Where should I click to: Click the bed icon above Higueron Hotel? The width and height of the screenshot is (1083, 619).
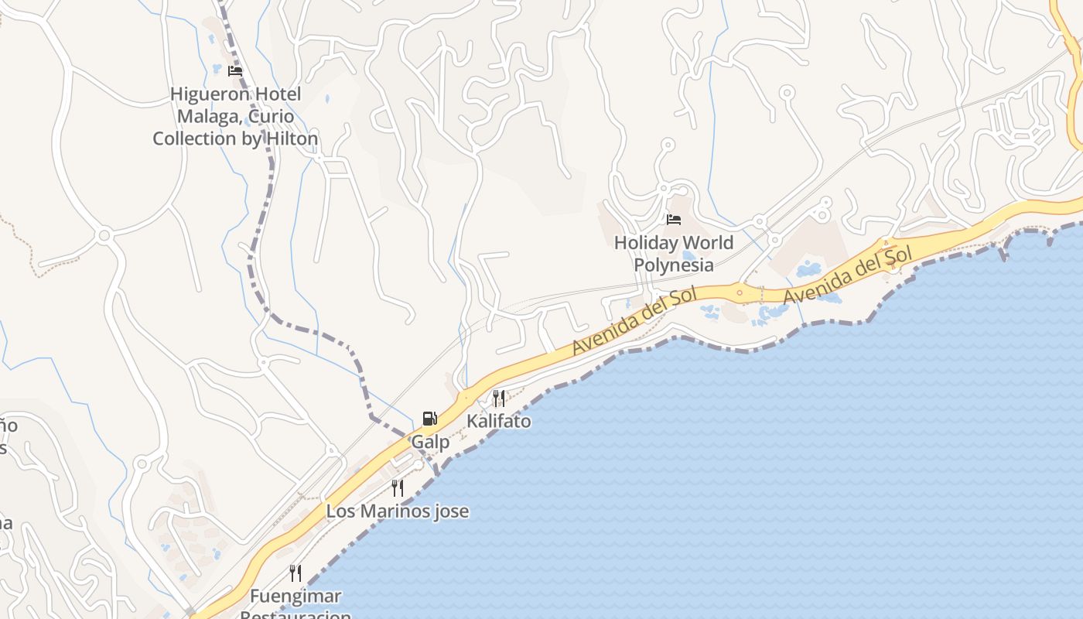[x=235, y=71]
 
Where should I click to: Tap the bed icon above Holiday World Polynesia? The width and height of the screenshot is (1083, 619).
[x=674, y=220]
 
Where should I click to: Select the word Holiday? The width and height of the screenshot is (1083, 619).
[x=645, y=243]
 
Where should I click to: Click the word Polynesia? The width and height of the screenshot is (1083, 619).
[x=674, y=265]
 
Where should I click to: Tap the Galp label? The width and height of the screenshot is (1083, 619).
[x=430, y=443]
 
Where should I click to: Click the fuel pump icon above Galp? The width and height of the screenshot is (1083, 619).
[x=429, y=419]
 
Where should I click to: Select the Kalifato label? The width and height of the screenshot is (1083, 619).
[x=499, y=422]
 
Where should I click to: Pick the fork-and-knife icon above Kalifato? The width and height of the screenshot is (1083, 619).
[x=499, y=398]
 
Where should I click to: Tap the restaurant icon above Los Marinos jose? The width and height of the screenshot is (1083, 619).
[x=398, y=488]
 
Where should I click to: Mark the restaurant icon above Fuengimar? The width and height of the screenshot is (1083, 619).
[x=296, y=573]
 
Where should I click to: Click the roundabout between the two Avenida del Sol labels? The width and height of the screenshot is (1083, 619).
[x=740, y=292]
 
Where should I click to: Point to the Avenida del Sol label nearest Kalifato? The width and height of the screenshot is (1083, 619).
[x=634, y=320]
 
